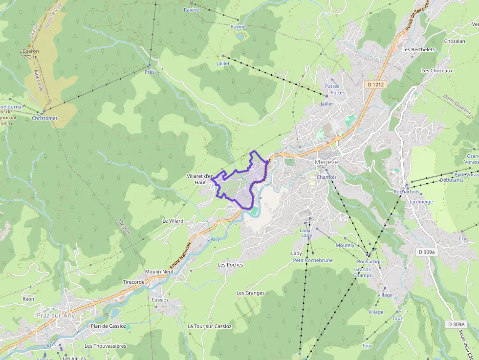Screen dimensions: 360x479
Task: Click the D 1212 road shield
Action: click(x=375, y=85)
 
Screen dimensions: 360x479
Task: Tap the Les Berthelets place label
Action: click(x=418, y=49)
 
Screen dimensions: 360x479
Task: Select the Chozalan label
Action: click(x=454, y=42)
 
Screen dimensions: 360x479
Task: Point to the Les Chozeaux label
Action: click(x=437, y=70)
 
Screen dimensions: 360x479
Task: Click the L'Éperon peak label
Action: click(x=29, y=54)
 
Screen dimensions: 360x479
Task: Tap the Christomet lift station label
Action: click(x=44, y=118)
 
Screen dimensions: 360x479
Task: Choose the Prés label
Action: click(x=149, y=72)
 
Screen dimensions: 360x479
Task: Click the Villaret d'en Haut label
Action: click(x=200, y=179)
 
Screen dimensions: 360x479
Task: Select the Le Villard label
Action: click(x=173, y=221)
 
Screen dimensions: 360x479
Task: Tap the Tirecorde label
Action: click(x=133, y=282)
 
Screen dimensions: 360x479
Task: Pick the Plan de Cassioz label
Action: click(x=108, y=326)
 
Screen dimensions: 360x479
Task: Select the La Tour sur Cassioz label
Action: click(x=209, y=326)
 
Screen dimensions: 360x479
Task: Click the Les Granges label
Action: click(x=250, y=293)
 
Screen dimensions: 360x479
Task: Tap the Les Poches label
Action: click(x=230, y=265)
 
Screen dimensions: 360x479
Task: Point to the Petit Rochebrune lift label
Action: click(x=312, y=260)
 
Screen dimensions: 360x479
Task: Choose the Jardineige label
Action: click(x=421, y=201)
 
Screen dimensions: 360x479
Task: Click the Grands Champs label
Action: click(x=362, y=272)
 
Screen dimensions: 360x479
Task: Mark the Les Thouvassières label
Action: click(x=106, y=346)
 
